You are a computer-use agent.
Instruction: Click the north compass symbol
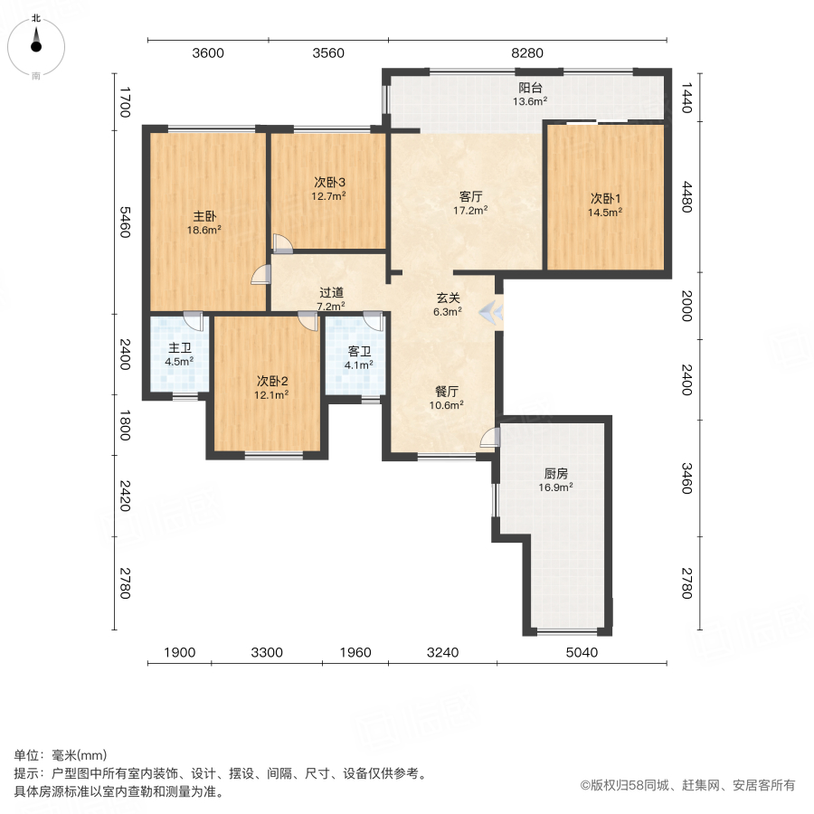coord(36,47)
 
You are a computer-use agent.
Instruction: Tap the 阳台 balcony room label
coord(530,88)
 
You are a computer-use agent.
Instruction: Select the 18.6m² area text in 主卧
coord(204,230)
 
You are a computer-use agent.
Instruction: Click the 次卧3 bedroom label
coord(329,182)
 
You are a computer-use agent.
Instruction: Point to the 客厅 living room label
coord(470,196)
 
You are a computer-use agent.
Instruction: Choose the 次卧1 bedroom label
coord(605,198)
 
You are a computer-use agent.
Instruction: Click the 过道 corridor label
coord(331,293)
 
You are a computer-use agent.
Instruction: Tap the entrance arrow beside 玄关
coord(491,313)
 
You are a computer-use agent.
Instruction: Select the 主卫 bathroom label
coord(180,348)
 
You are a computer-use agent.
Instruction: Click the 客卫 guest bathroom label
coord(359,352)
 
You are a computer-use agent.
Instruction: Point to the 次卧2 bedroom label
coord(272,381)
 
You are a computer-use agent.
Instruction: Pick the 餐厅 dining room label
coord(447,392)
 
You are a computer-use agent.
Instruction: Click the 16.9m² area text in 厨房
coord(555,487)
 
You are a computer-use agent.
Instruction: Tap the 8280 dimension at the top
coord(527,53)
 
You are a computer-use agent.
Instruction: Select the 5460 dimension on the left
coord(125,222)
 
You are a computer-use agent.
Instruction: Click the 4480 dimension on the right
coord(686,197)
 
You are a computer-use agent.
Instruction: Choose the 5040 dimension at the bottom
coord(582,652)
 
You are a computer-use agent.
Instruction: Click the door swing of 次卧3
coord(283,244)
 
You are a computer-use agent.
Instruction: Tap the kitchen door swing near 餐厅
coord(489,438)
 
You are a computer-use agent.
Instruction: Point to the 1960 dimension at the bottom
coord(355,652)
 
